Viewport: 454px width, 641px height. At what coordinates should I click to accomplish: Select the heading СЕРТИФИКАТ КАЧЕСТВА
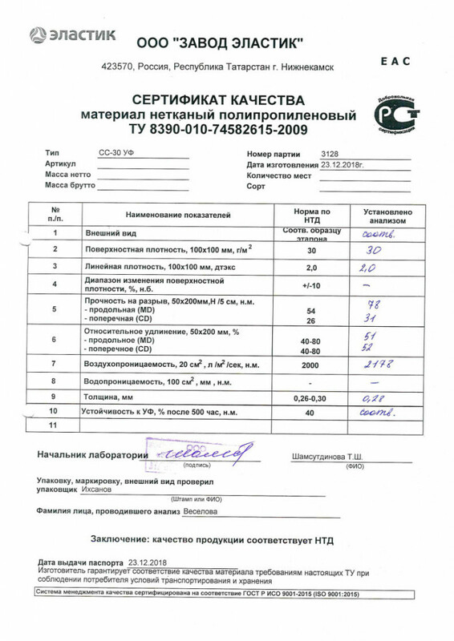(x=218, y=101)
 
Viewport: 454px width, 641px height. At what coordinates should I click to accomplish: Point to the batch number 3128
(x=330, y=152)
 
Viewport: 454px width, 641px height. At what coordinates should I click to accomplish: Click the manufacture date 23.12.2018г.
(x=343, y=164)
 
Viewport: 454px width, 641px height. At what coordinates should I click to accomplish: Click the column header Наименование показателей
(x=177, y=215)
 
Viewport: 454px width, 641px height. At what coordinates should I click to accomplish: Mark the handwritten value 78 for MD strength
(x=371, y=304)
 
